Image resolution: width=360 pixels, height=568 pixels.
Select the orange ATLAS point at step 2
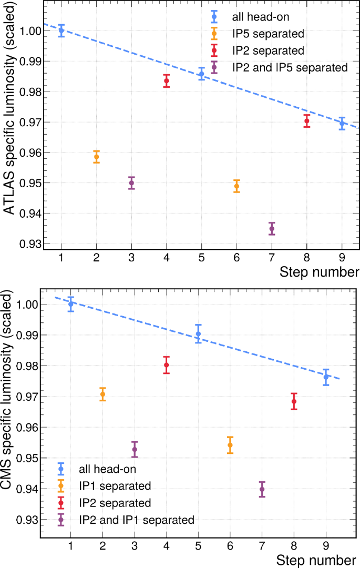[97, 157]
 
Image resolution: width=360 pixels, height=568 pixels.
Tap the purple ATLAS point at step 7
[272, 229]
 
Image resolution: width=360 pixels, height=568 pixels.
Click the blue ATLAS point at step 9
[342, 124]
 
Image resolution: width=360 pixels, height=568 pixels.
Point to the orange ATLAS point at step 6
[236, 186]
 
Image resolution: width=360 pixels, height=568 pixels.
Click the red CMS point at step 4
[167, 365]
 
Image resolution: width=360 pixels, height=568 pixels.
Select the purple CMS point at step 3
[135, 449]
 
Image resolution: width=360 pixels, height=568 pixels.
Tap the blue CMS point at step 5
[198, 334]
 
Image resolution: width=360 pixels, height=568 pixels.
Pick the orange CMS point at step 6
[230, 445]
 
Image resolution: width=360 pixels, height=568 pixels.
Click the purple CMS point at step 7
[262, 489]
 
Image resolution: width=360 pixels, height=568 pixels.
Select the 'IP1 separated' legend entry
[115, 485]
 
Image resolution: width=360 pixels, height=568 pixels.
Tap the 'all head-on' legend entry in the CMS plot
[106, 468]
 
